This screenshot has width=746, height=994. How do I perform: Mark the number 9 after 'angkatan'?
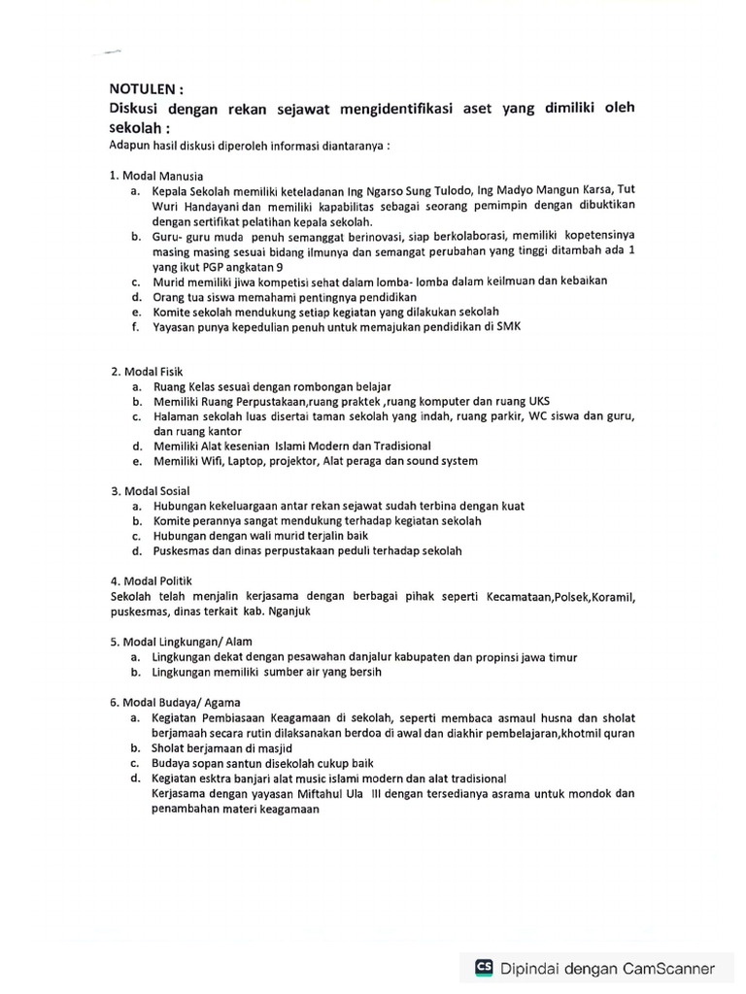click(281, 266)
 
